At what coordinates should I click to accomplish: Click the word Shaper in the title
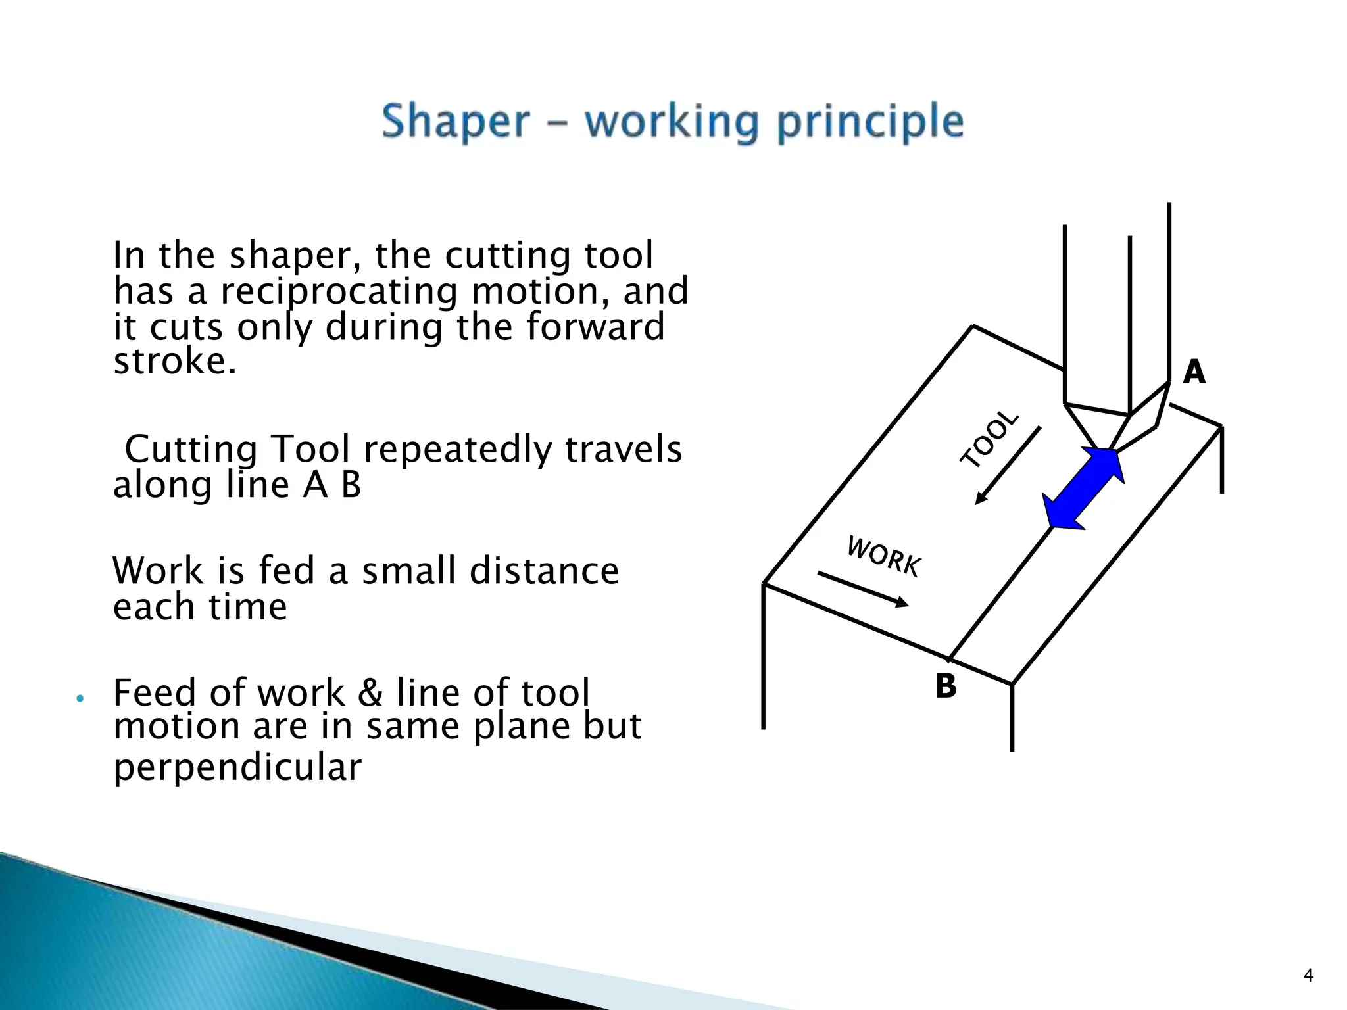pyautogui.click(x=455, y=122)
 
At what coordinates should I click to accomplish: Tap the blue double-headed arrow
pyautogui.click(x=1083, y=489)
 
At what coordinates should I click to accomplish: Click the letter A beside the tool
pyautogui.click(x=1194, y=372)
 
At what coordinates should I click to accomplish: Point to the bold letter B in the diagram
pyautogui.click(x=946, y=686)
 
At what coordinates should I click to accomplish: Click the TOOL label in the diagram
pyautogui.click(x=989, y=439)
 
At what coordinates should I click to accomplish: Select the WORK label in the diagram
pyautogui.click(x=884, y=556)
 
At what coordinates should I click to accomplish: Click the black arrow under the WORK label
pyautogui.click(x=863, y=589)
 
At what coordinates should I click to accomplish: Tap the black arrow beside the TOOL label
pyautogui.click(x=1008, y=465)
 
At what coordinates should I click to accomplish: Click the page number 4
pyautogui.click(x=1308, y=975)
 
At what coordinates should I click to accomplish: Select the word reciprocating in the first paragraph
pyautogui.click(x=339, y=292)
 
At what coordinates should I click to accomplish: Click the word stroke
pyautogui.click(x=174, y=362)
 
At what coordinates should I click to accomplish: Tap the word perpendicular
pyautogui.click(x=237, y=767)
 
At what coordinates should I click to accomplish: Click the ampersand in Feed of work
pyautogui.click(x=371, y=693)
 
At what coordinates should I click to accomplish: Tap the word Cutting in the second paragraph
pyautogui.click(x=191, y=450)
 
